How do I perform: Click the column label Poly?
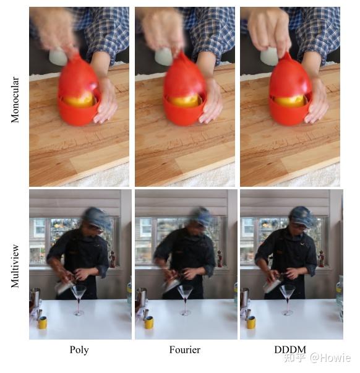79,350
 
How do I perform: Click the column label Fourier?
185,350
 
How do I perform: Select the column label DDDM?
289,350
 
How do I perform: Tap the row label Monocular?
15,99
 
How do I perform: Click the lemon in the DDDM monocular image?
290,100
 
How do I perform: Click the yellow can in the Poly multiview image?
43,322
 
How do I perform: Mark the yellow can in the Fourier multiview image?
148,322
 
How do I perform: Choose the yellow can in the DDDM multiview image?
251,322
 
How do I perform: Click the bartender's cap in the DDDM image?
302,215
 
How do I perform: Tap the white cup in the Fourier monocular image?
163,57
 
